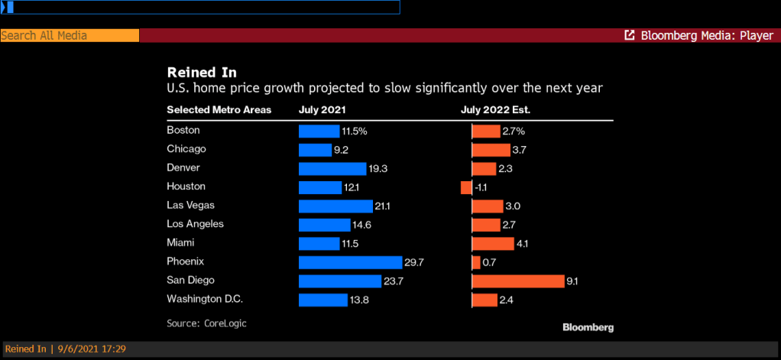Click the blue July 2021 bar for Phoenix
[350, 262]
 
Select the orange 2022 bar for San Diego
[517, 281]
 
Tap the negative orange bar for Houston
[466, 187]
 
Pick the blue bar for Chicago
[315, 150]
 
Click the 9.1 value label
[572, 281]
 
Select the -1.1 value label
[481, 187]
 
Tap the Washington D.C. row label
[205, 299]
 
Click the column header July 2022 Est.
[495, 110]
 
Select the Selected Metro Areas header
[219, 110]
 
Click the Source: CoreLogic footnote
[206, 323]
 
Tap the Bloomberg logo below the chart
[588, 327]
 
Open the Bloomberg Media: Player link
[699, 35]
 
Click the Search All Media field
[70, 35]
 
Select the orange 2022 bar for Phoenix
[476, 262]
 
